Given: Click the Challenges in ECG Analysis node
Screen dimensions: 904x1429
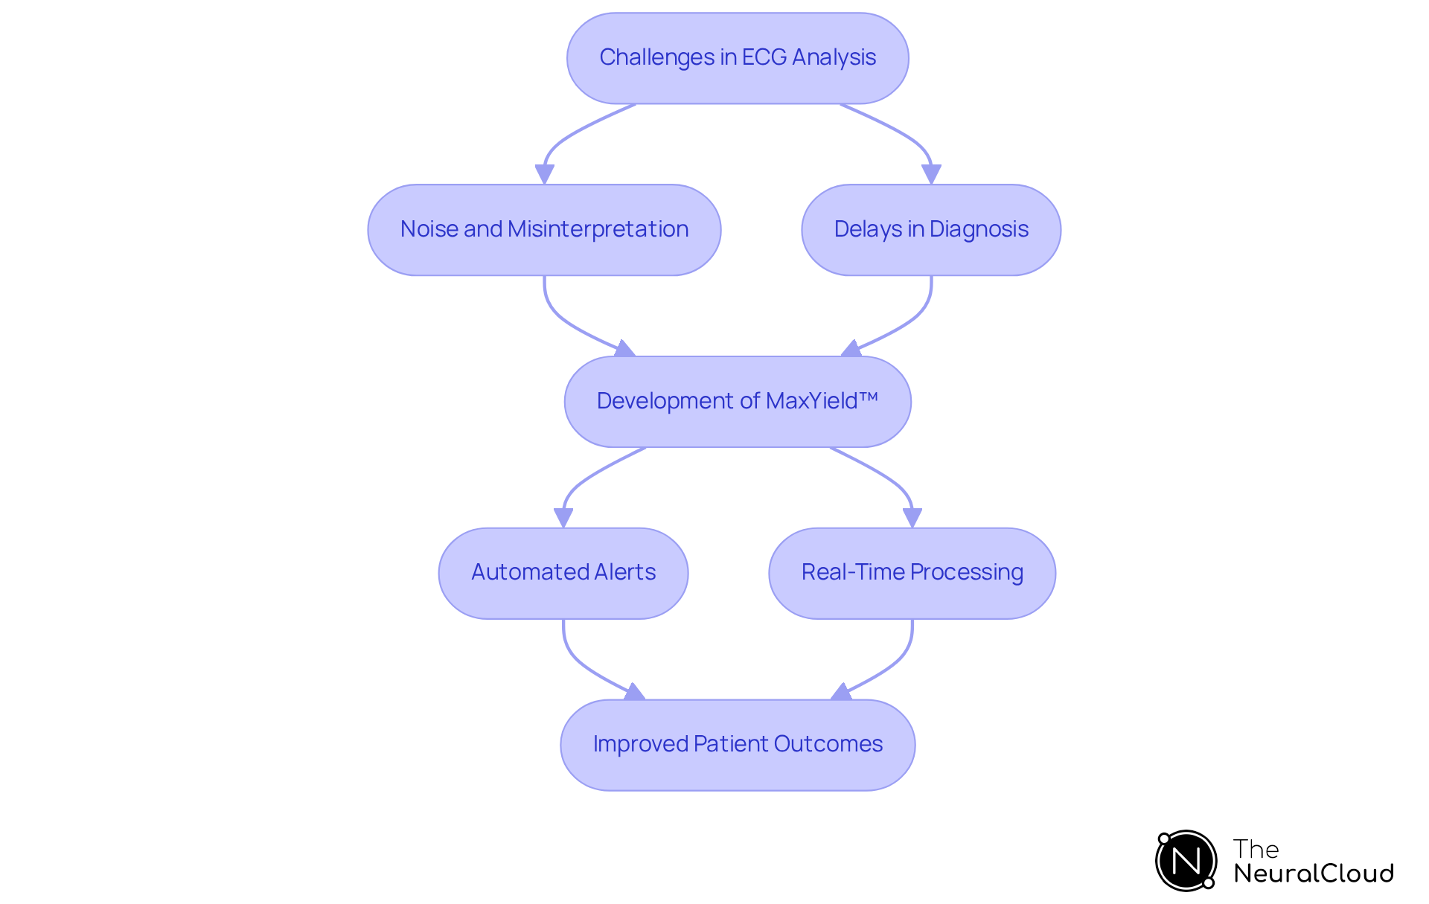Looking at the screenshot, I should tap(738, 58).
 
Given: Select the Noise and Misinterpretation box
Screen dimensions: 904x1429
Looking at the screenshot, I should tap(544, 230).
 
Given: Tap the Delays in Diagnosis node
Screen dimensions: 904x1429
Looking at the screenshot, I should tap(931, 230).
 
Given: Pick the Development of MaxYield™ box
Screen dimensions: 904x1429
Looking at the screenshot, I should tap(738, 402).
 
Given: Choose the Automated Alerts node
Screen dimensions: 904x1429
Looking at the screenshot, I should tap(563, 573).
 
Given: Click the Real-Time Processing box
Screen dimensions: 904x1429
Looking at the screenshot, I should tap(912, 573).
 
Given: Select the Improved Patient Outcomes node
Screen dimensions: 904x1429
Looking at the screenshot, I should tap(738, 745).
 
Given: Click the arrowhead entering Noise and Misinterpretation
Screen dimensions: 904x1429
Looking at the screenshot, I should tap(544, 174).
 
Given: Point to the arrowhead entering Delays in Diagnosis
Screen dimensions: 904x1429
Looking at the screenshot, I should tap(931, 174).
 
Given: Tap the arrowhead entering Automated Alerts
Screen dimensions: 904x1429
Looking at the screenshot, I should tap(563, 518).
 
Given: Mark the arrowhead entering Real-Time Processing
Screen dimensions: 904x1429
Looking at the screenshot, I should tap(912, 518).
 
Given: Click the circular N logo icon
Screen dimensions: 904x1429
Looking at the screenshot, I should tap(1186, 861).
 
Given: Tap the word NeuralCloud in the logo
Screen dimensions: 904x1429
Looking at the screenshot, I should tap(1314, 873).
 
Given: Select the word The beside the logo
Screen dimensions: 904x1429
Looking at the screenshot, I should tap(1256, 849).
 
